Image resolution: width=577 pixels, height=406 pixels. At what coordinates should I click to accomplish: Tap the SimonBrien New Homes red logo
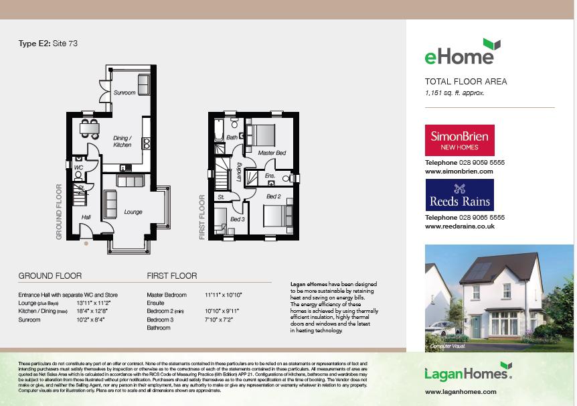(460, 140)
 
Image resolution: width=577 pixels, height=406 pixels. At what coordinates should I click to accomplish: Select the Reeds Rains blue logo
(460, 195)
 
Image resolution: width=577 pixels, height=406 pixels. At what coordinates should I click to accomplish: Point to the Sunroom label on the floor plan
(124, 92)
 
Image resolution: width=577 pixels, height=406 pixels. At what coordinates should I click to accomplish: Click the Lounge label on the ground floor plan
(133, 212)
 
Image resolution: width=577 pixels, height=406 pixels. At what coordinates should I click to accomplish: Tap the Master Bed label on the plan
(272, 153)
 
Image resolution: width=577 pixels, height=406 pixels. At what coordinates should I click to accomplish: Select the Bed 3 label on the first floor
(238, 219)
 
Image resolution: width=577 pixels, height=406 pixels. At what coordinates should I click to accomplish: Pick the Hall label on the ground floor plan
(86, 217)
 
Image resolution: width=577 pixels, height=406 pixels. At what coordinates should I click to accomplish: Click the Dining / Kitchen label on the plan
(122, 141)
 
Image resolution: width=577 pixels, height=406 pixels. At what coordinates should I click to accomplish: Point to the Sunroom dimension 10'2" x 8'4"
(91, 320)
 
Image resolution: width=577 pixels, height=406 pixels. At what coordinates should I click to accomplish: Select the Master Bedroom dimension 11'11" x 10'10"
(224, 295)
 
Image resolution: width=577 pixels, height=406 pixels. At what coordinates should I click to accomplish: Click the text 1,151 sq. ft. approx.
(454, 93)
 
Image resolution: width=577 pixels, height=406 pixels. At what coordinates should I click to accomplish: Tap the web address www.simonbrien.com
(459, 172)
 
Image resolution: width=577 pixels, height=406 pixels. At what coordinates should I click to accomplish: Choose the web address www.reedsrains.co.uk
(460, 226)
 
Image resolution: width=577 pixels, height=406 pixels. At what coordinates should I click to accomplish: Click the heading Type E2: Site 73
(48, 44)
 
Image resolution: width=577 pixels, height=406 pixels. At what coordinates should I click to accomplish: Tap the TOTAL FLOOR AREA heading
(466, 82)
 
